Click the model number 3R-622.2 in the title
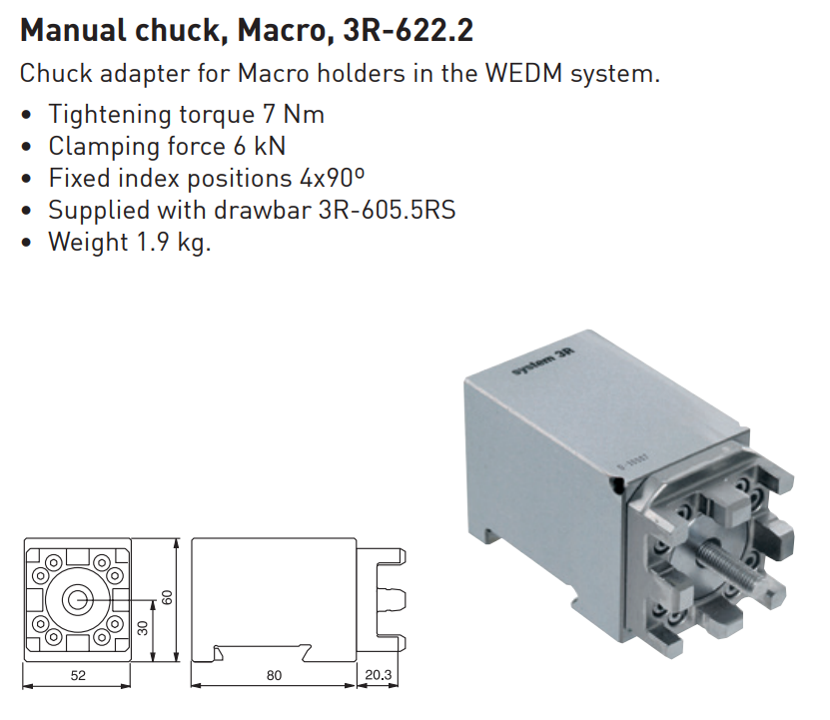tap(409, 30)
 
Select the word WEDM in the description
tap(523, 73)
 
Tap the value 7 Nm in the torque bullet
tap(294, 115)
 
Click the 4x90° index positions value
tap(332, 178)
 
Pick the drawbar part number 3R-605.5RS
tap(387, 210)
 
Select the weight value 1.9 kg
tap(174, 243)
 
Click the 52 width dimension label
tap(78, 675)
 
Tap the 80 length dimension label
tap(275, 675)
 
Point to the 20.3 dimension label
tap(378, 675)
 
